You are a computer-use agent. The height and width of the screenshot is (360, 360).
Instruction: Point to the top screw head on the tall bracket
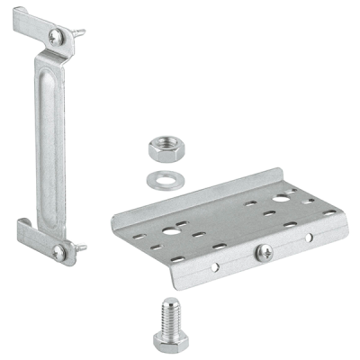(58, 36)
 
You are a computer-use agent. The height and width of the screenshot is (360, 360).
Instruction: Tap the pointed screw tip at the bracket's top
(82, 32)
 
